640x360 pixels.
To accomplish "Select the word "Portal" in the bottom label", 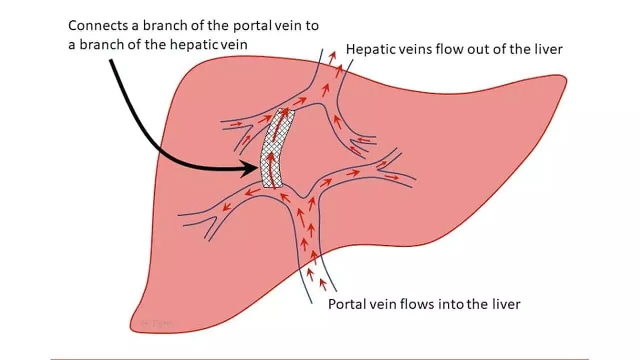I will [344, 304].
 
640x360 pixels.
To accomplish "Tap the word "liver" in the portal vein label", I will [506, 304].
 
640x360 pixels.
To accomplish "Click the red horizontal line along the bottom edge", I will [320, 358].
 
